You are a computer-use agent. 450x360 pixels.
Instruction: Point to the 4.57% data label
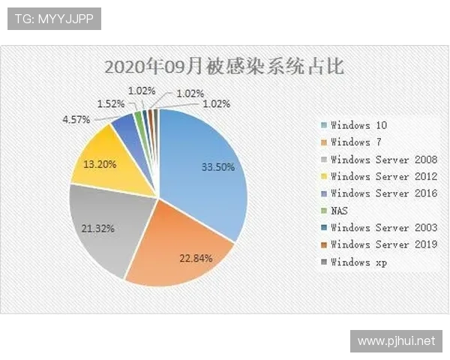point(76,119)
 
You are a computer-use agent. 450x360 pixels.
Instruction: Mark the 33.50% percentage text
point(217,166)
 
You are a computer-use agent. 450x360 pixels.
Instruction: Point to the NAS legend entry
point(340,211)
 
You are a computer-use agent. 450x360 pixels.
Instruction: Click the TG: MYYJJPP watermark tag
point(54,19)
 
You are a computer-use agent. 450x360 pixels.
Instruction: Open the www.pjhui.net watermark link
point(396,341)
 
